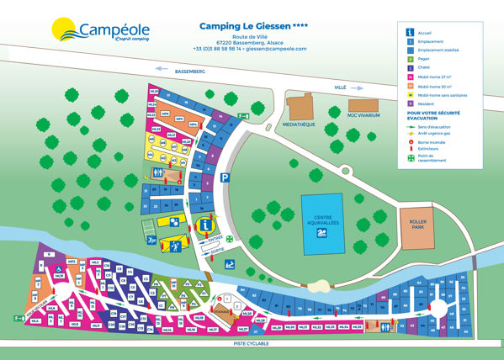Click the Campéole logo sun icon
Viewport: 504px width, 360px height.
(x=66, y=31)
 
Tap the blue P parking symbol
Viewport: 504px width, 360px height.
(x=225, y=177)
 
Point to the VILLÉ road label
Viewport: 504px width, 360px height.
(x=340, y=87)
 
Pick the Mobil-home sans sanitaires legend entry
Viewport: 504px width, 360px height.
(x=446, y=96)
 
